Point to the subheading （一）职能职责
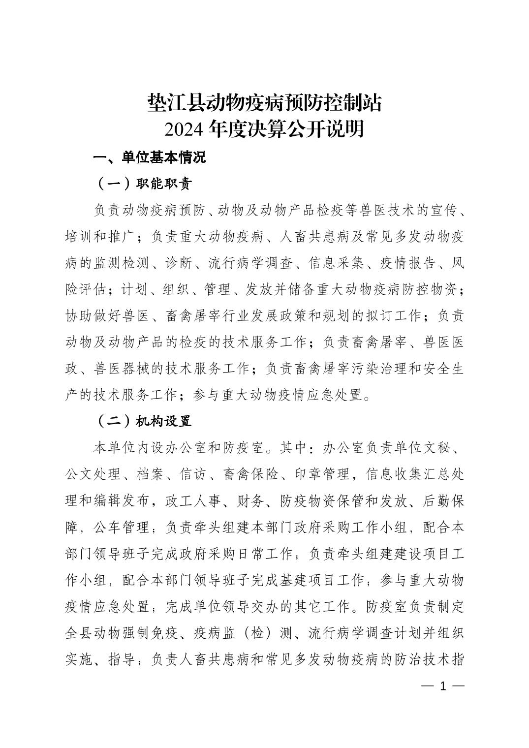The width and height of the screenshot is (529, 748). click(143, 184)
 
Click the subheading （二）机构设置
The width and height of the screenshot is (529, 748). click(143, 421)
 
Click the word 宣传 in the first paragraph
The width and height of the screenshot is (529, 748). click(436, 210)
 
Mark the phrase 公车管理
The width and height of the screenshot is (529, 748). click(121, 528)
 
